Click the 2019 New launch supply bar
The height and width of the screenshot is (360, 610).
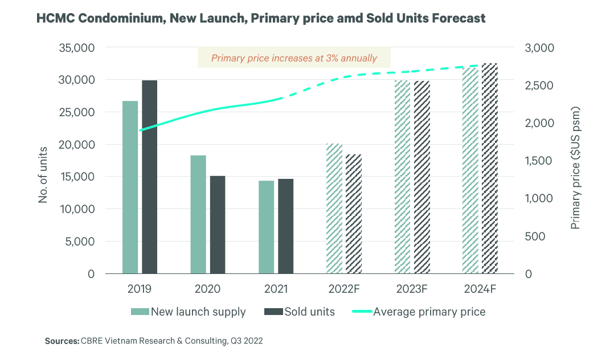click(x=130, y=187)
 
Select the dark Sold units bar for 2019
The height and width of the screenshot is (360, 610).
click(x=149, y=177)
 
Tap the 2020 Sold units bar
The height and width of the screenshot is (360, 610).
click(x=218, y=225)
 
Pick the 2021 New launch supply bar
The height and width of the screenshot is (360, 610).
click(x=266, y=227)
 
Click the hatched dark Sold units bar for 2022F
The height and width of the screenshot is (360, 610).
click(x=353, y=214)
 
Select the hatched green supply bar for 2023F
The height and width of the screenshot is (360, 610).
click(x=402, y=177)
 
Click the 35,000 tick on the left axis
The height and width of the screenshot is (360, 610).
click(x=76, y=48)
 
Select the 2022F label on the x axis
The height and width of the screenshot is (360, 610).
click(x=344, y=289)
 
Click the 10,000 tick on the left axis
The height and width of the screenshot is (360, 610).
click(x=76, y=209)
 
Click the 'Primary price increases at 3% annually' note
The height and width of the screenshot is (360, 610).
click(x=294, y=58)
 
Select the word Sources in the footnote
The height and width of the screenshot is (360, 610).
click(x=62, y=341)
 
